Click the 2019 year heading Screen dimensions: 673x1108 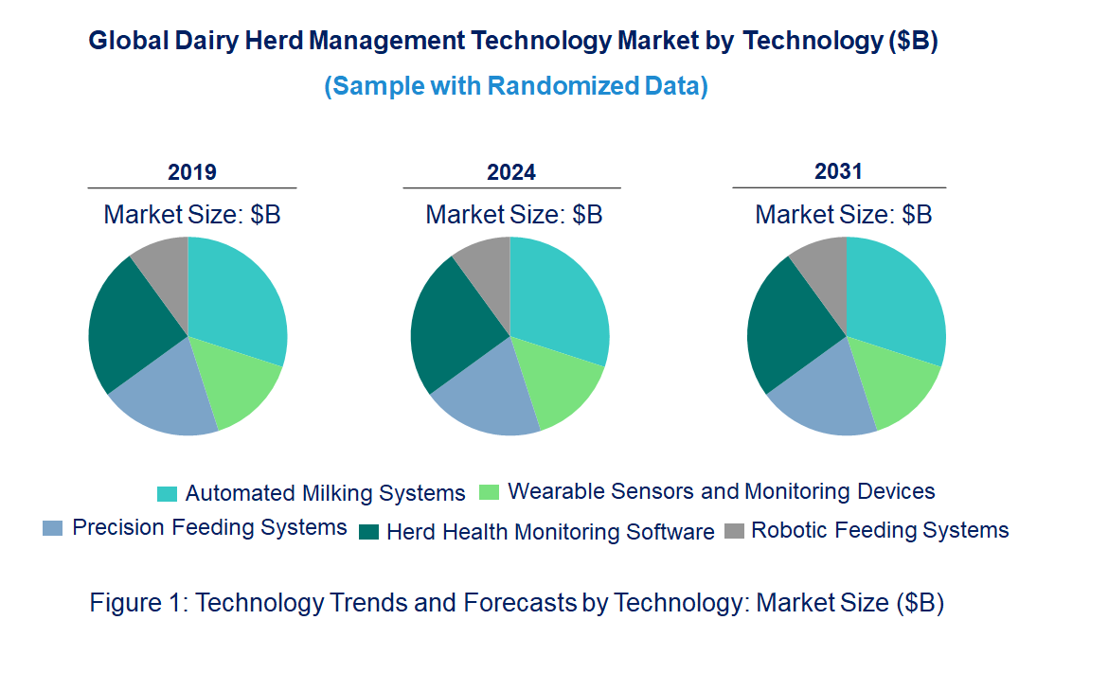[192, 172]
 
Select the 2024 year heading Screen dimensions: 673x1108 [511, 172]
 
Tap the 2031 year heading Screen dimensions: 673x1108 [839, 171]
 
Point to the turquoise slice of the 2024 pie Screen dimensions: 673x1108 [559, 298]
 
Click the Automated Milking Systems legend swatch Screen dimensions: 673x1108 [167, 494]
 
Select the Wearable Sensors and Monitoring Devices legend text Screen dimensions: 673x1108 [721, 492]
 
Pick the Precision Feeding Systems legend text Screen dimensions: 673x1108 [209, 528]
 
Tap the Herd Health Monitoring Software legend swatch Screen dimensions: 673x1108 [369, 532]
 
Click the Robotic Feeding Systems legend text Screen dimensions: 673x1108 [880, 530]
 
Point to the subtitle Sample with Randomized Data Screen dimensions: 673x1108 [516, 86]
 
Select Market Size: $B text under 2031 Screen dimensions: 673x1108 [843, 215]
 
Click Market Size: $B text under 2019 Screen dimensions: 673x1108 [192, 215]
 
